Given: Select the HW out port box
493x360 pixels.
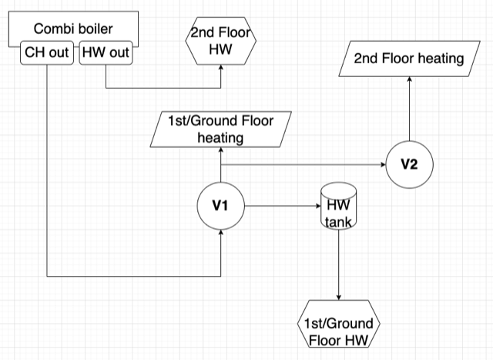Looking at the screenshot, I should [x=106, y=54].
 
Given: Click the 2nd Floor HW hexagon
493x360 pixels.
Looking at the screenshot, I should [x=220, y=42].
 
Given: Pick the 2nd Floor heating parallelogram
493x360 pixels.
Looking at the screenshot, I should [x=408, y=59].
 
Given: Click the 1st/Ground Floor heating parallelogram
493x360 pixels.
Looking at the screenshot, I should [x=221, y=129].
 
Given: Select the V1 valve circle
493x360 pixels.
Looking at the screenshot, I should [x=221, y=206].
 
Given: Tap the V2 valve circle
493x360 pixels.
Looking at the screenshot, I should [x=408, y=165].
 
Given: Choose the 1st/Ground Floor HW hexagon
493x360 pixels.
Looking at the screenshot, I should [x=338, y=331].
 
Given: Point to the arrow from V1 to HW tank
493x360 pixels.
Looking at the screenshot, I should [x=281, y=206].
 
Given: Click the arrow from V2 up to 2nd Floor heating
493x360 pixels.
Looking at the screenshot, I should [x=408, y=108].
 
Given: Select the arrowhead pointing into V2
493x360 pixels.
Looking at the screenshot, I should [x=381, y=165].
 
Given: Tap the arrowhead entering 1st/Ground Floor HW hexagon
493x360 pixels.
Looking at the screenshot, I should [x=338, y=302].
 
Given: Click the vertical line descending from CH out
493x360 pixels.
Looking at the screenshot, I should [x=48, y=170].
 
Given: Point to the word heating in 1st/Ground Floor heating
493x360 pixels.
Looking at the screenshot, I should [x=221, y=138].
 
